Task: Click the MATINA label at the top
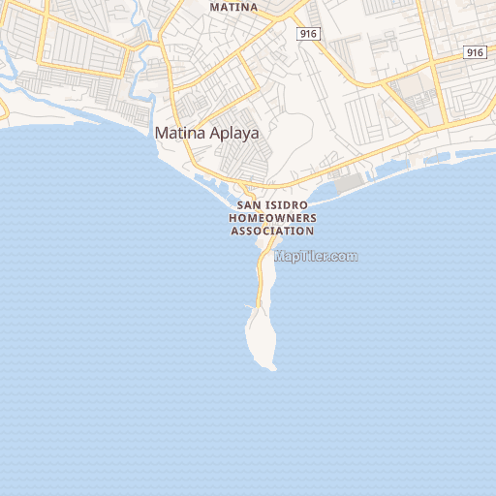pos(234,7)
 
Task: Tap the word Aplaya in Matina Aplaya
pos(233,134)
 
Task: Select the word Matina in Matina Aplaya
pos(179,134)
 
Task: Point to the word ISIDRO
pos(290,206)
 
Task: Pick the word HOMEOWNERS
pos(272,219)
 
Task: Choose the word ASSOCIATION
pos(272,232)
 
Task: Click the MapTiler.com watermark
pos(317,257)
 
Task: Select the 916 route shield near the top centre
pos(309,34)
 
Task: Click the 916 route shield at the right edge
pos(474,52)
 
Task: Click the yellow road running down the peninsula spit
pos(261,281)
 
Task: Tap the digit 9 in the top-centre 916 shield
pos(304,34)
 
